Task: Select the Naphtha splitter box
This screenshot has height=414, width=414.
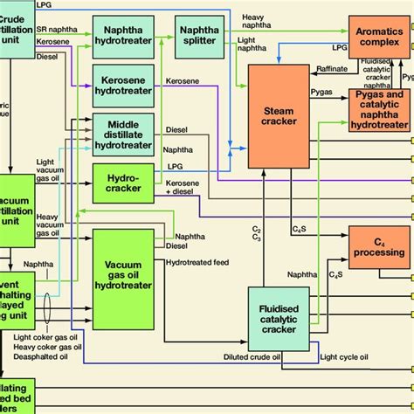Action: (x=200, y=33)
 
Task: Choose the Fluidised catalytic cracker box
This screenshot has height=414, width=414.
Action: (x=281, y=319)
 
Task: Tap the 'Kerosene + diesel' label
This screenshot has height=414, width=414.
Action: (x=183, y=186)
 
